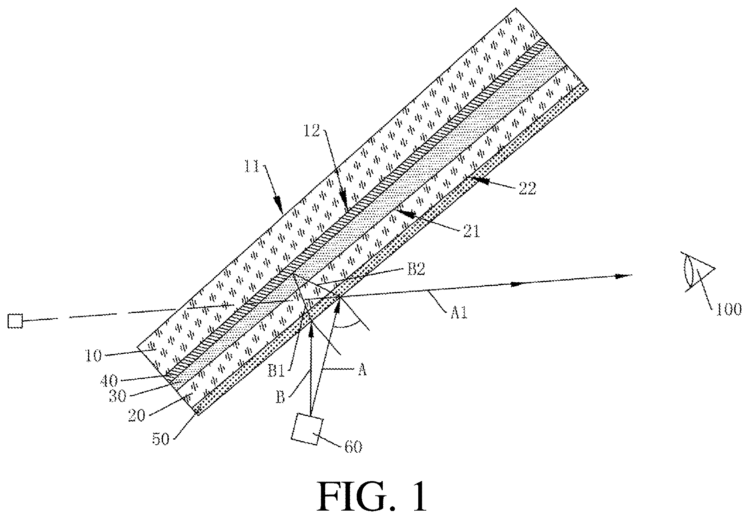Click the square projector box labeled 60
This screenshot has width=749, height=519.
coord(307,429)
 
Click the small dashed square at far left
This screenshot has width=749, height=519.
coord(15,321)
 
